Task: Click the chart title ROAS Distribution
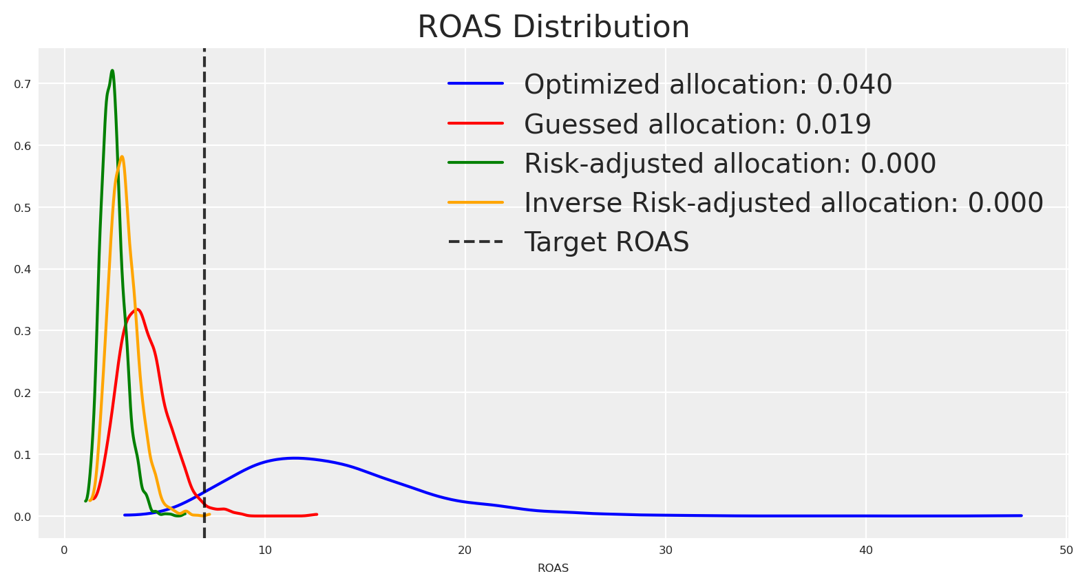[553, 26]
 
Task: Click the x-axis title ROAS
[553, 568]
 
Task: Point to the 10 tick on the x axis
[264, 550]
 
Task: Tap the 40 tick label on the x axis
[866, 550]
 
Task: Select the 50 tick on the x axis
[1066, 550]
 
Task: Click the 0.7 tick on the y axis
[22, 84]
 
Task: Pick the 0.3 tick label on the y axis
[22, 331]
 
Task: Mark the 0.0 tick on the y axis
[22, 517]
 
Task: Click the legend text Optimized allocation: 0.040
[708, 85]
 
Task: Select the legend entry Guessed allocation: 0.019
[697, 124]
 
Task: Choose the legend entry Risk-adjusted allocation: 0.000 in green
[730, 163]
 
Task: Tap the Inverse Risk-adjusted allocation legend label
[783, 202]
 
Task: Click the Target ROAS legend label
[606, 242]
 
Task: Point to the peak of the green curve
[112, 71]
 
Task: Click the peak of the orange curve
[122, 156]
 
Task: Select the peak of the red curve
[137, 309]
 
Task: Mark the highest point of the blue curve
[294, 458]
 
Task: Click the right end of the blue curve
[1022, 515]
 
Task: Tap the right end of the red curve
[317, 514]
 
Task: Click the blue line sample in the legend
[476, 83]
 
